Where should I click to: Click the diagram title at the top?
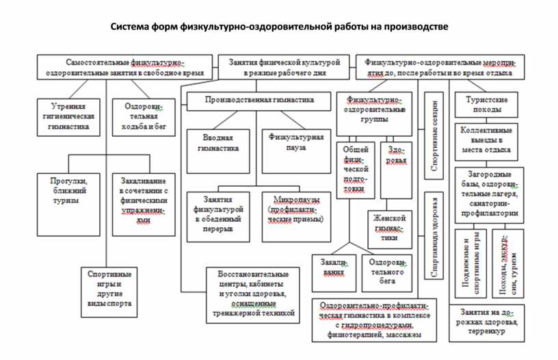pos(280,28)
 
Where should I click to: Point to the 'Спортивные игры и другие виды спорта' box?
pos(109,290)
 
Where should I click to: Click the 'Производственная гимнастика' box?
pos(259,100)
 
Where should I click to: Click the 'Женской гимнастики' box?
pos(390,229)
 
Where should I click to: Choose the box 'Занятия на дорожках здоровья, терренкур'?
pos(486,322)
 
